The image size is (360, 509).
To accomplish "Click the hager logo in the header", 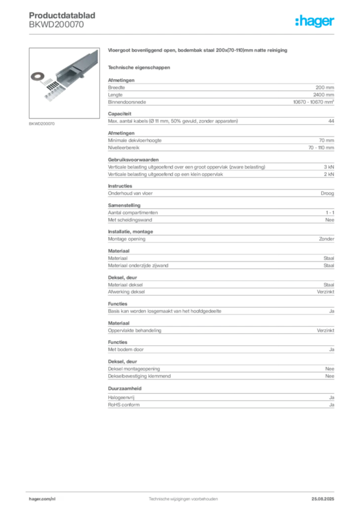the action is click(x=315, y=21).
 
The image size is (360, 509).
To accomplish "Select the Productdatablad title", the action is click(x=62, y=15).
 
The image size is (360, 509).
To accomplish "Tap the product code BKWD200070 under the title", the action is click(x=56, y=24).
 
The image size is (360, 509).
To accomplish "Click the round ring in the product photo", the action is click(x=37, y=77).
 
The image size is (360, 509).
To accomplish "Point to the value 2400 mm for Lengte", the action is click(x=323, y=95).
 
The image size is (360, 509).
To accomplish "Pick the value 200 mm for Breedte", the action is click(x=325, y=87).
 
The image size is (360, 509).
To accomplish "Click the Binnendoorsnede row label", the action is click(x=127, y=102).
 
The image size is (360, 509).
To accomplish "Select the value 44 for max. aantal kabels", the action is click(x=331, y=121).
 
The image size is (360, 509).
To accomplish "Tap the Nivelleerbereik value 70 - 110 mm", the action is click(x=321, y=148).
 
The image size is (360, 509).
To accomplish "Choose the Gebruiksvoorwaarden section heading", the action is click(x=133, y=160).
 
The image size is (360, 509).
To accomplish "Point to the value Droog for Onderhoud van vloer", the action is click(x=327, y=193).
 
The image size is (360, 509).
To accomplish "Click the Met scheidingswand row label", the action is click(x=130, y=220).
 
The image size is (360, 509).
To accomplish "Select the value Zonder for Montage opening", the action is click(x=327, y=239).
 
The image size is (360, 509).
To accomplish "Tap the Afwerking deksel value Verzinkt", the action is click(x=326, y=292).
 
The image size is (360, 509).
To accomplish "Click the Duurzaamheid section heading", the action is click(x=125, y=389).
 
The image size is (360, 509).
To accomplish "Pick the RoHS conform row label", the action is click(x=124, y=405).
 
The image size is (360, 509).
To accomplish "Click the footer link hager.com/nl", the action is click(x=42, y=499).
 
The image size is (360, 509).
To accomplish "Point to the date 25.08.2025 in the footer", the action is click(x=323, y=499).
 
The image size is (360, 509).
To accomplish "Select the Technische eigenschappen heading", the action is click(x=139, y=68).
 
